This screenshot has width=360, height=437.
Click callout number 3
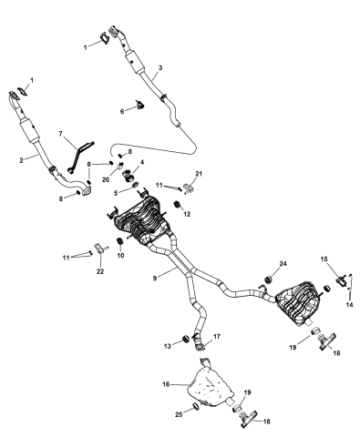159,68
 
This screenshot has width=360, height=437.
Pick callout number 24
283,264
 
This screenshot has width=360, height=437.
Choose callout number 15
324,259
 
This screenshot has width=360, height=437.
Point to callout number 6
123,111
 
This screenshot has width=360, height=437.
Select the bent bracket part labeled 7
81,150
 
